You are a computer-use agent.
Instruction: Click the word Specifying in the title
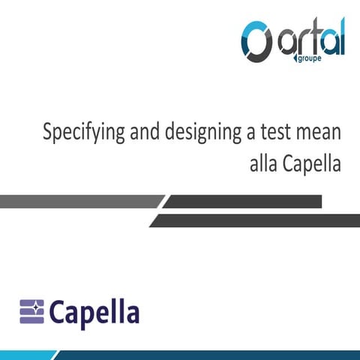coord(76,136)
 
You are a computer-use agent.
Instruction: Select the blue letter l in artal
coord(340,37)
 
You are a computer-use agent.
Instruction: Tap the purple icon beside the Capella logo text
coord(32,310)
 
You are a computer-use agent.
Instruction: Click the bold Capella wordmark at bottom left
coord(94,311)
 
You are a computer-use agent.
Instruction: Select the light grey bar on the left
coord(79,201)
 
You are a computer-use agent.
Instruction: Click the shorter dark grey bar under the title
coord(244,201)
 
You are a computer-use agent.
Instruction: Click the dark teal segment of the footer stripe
coord(225,354)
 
